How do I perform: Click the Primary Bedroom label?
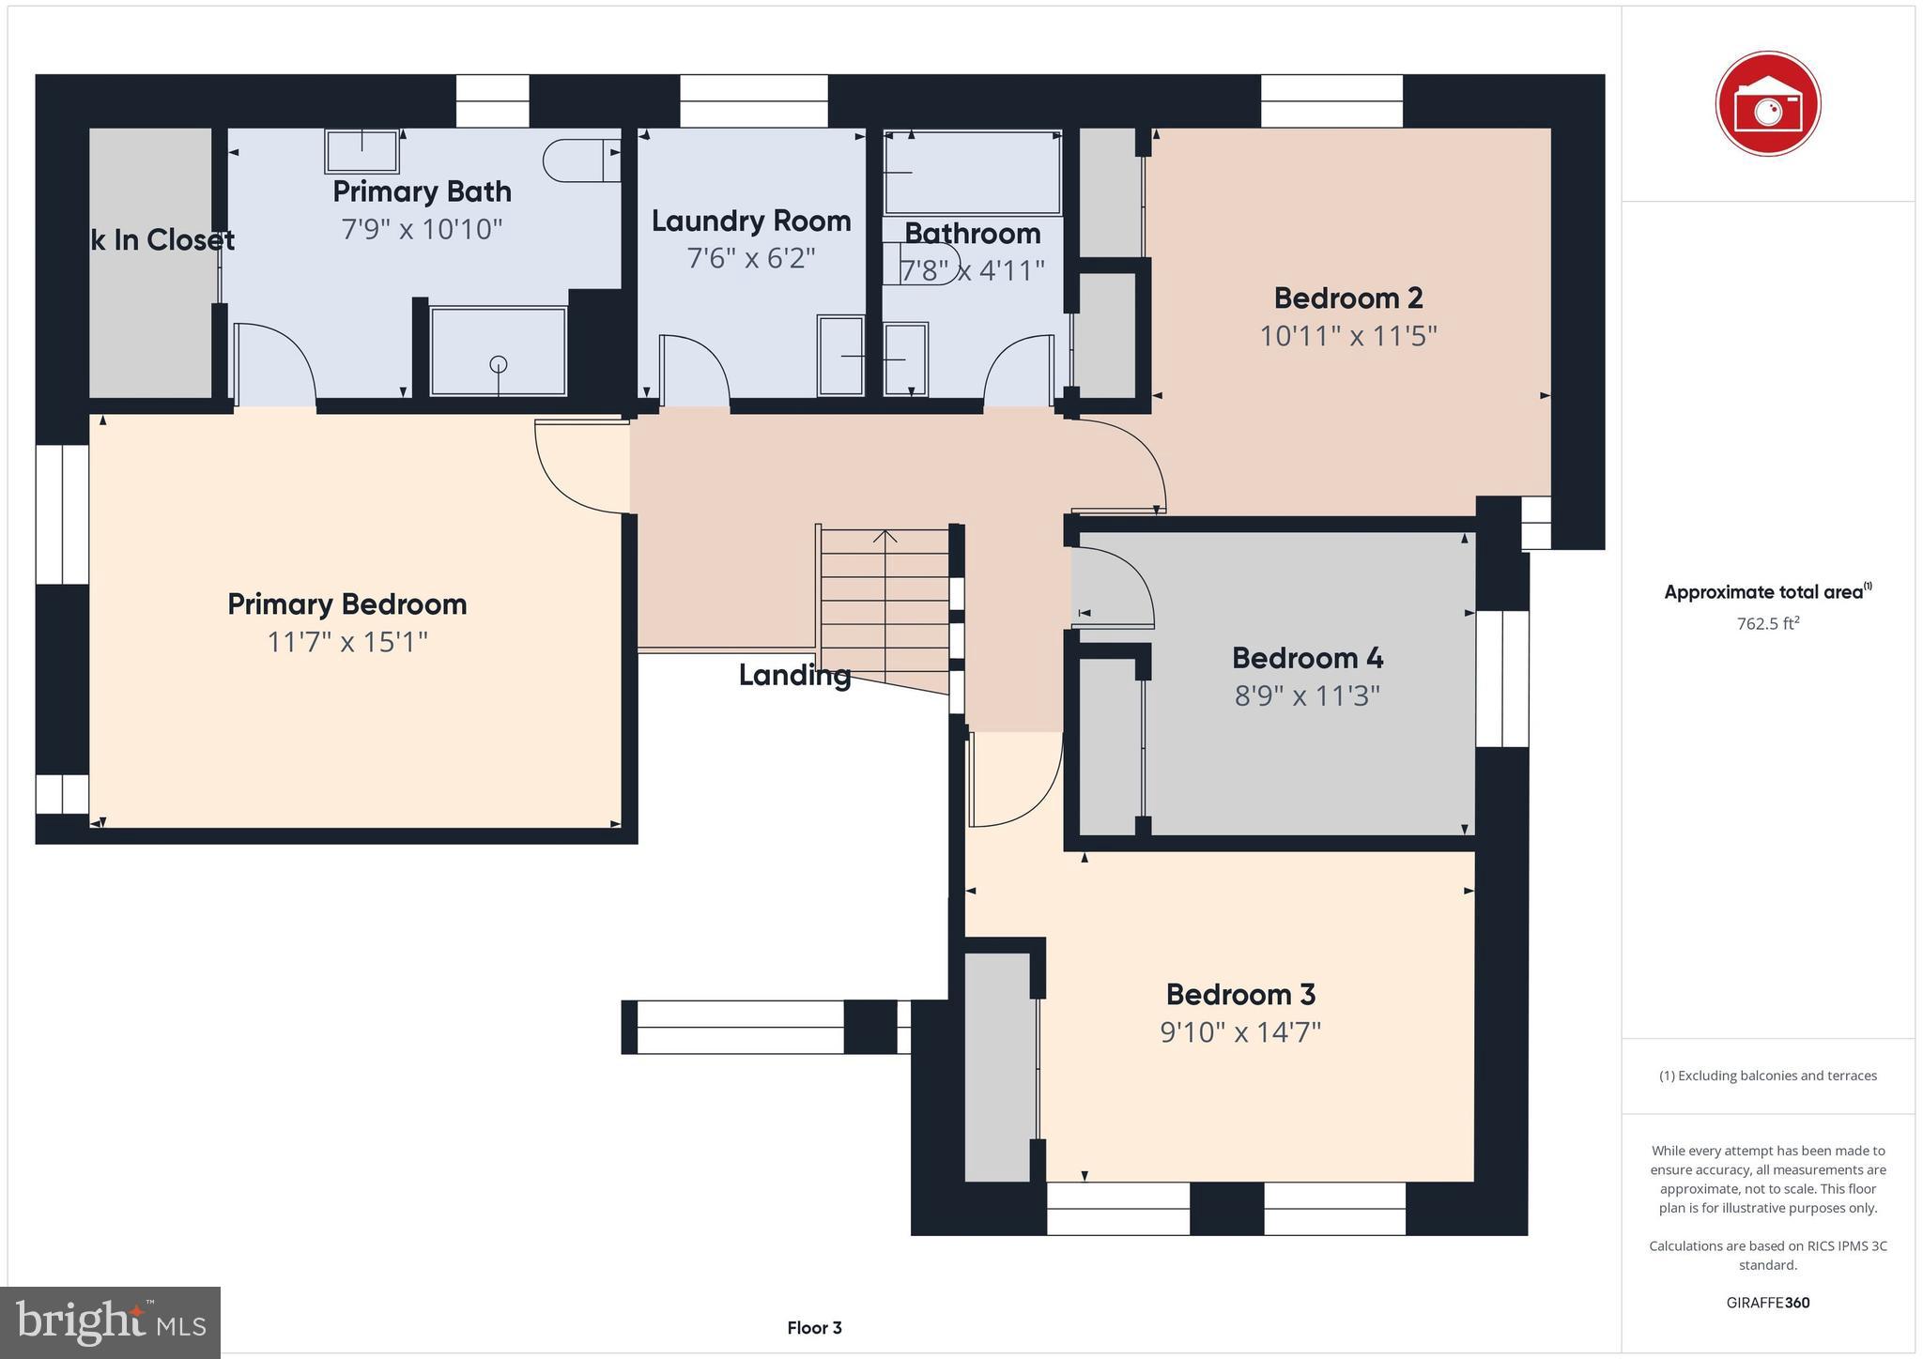[x=346, y=604]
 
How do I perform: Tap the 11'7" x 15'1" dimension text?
[x=347, y=643]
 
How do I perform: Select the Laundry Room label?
[x=751, y=221]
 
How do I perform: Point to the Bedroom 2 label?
[x=1347, y=298]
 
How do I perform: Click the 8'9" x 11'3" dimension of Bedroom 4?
[x=1307, y=696]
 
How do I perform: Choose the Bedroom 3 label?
[x=1240, y=994]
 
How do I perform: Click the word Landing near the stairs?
[x=794, y=675]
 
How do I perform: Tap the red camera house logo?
[x=1767, y=102]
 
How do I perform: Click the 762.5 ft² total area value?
[x=1767, y=623]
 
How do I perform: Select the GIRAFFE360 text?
[x=1767, y=1303]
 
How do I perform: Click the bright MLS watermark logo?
[x=111, y=1321]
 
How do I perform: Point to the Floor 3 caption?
[x=814, y=1328]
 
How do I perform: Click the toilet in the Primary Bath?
[x=580, y=160]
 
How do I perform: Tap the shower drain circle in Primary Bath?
[x=499, y=364]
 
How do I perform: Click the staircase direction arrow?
[x=885, y=537]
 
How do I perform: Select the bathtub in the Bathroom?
[x=973, y=174]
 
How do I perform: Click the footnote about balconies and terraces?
[x=1767, y=1076]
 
